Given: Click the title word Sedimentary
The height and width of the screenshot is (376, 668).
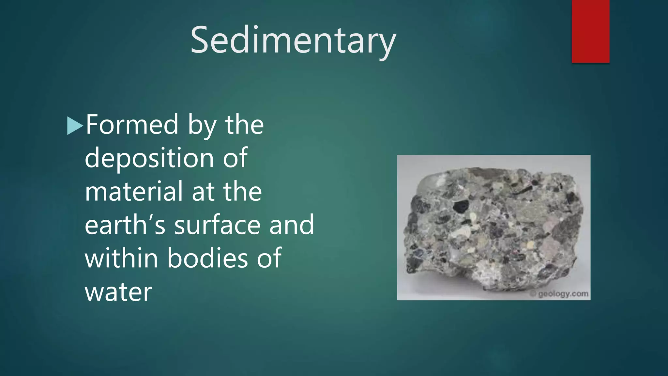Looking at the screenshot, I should (x=293, y=41).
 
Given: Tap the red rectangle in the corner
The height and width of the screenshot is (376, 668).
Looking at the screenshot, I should (x=590, y=31).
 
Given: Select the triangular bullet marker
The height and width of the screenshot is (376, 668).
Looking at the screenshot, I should (x=74, y=126).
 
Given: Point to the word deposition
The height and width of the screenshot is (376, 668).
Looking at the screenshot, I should (x=149, y=158).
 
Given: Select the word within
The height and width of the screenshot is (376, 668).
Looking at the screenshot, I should (x=121, y=258).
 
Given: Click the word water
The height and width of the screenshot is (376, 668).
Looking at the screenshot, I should (x=118, y=292).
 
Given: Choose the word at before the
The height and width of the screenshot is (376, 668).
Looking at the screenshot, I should (x=202, y=192).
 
